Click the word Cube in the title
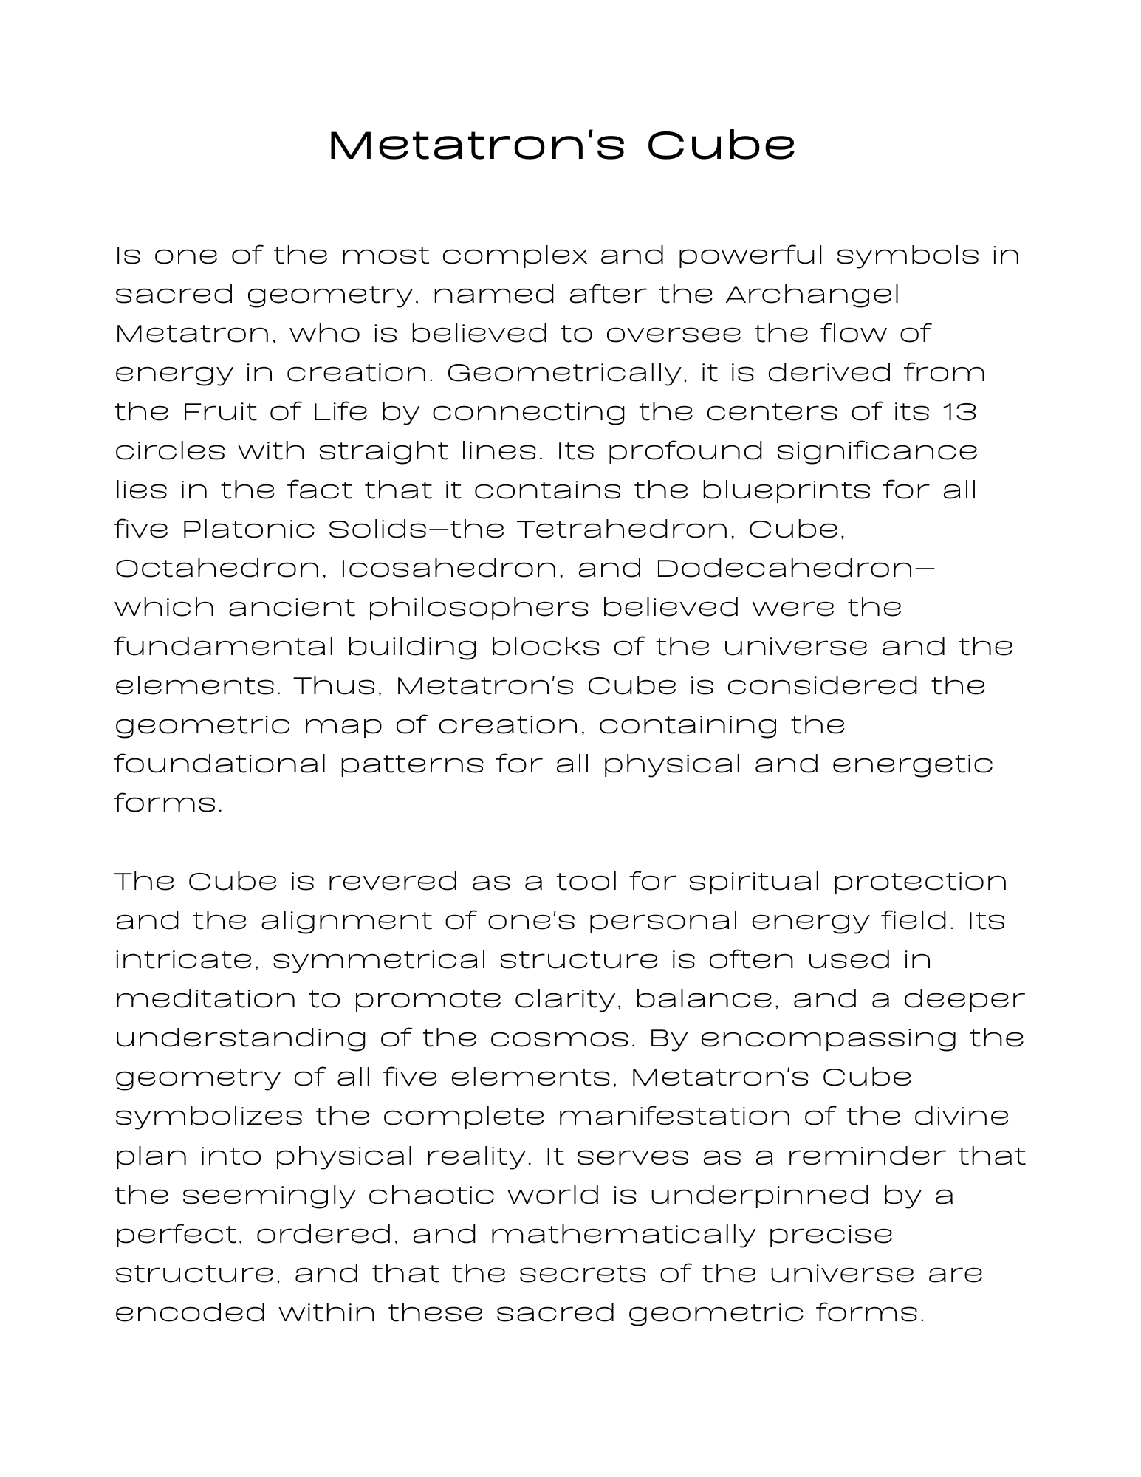tap(721, 145)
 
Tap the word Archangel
tap(812, 295)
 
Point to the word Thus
tap(337, 685)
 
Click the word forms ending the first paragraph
tap(168, 803)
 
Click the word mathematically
tap(623, 1233)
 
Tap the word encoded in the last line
tap(190, 1312)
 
